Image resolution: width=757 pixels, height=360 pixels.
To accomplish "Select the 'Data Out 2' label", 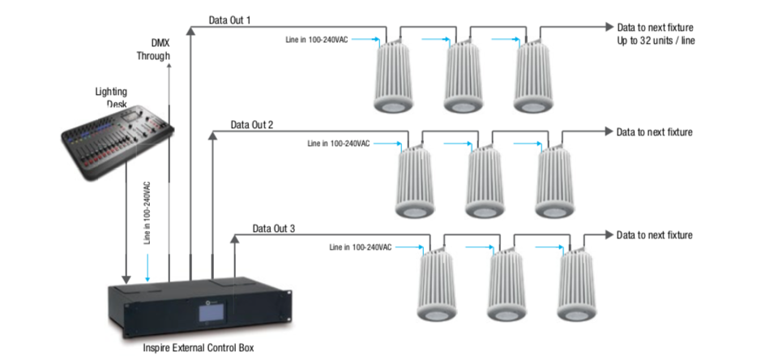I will coord(251,125).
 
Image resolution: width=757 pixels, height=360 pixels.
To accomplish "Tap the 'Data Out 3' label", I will coord(273,229).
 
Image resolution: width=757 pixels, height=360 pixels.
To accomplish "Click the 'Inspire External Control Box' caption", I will coord(196,348).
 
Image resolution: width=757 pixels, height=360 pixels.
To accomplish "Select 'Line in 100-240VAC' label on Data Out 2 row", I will coord(339,143).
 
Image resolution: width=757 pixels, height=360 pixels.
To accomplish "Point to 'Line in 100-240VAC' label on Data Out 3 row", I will coord(361,246).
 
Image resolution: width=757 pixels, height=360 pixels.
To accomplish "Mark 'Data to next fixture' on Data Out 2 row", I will coord(654,131).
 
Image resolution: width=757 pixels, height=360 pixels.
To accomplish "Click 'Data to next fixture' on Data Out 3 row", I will coord(654,235).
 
